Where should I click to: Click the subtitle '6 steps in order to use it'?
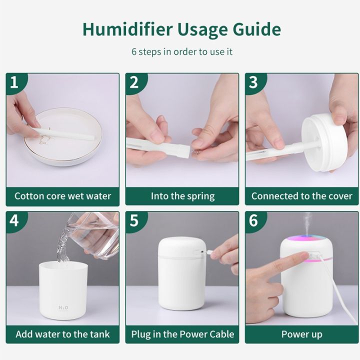[182, 51]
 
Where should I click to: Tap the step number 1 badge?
[14, 82]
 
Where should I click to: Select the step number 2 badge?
[134, 82]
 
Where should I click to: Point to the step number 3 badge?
[253, 82]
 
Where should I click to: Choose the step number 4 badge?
[14, 220]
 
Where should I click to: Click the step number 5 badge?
[134, 220]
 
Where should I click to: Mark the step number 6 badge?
[253, 220]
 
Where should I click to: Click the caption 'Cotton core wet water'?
[62, 195]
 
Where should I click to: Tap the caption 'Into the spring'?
[182, 195]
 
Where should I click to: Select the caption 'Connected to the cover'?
[301, 195]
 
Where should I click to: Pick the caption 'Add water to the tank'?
[62, 333]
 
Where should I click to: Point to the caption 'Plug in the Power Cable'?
[182, 333]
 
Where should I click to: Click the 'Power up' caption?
[301, 333]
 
